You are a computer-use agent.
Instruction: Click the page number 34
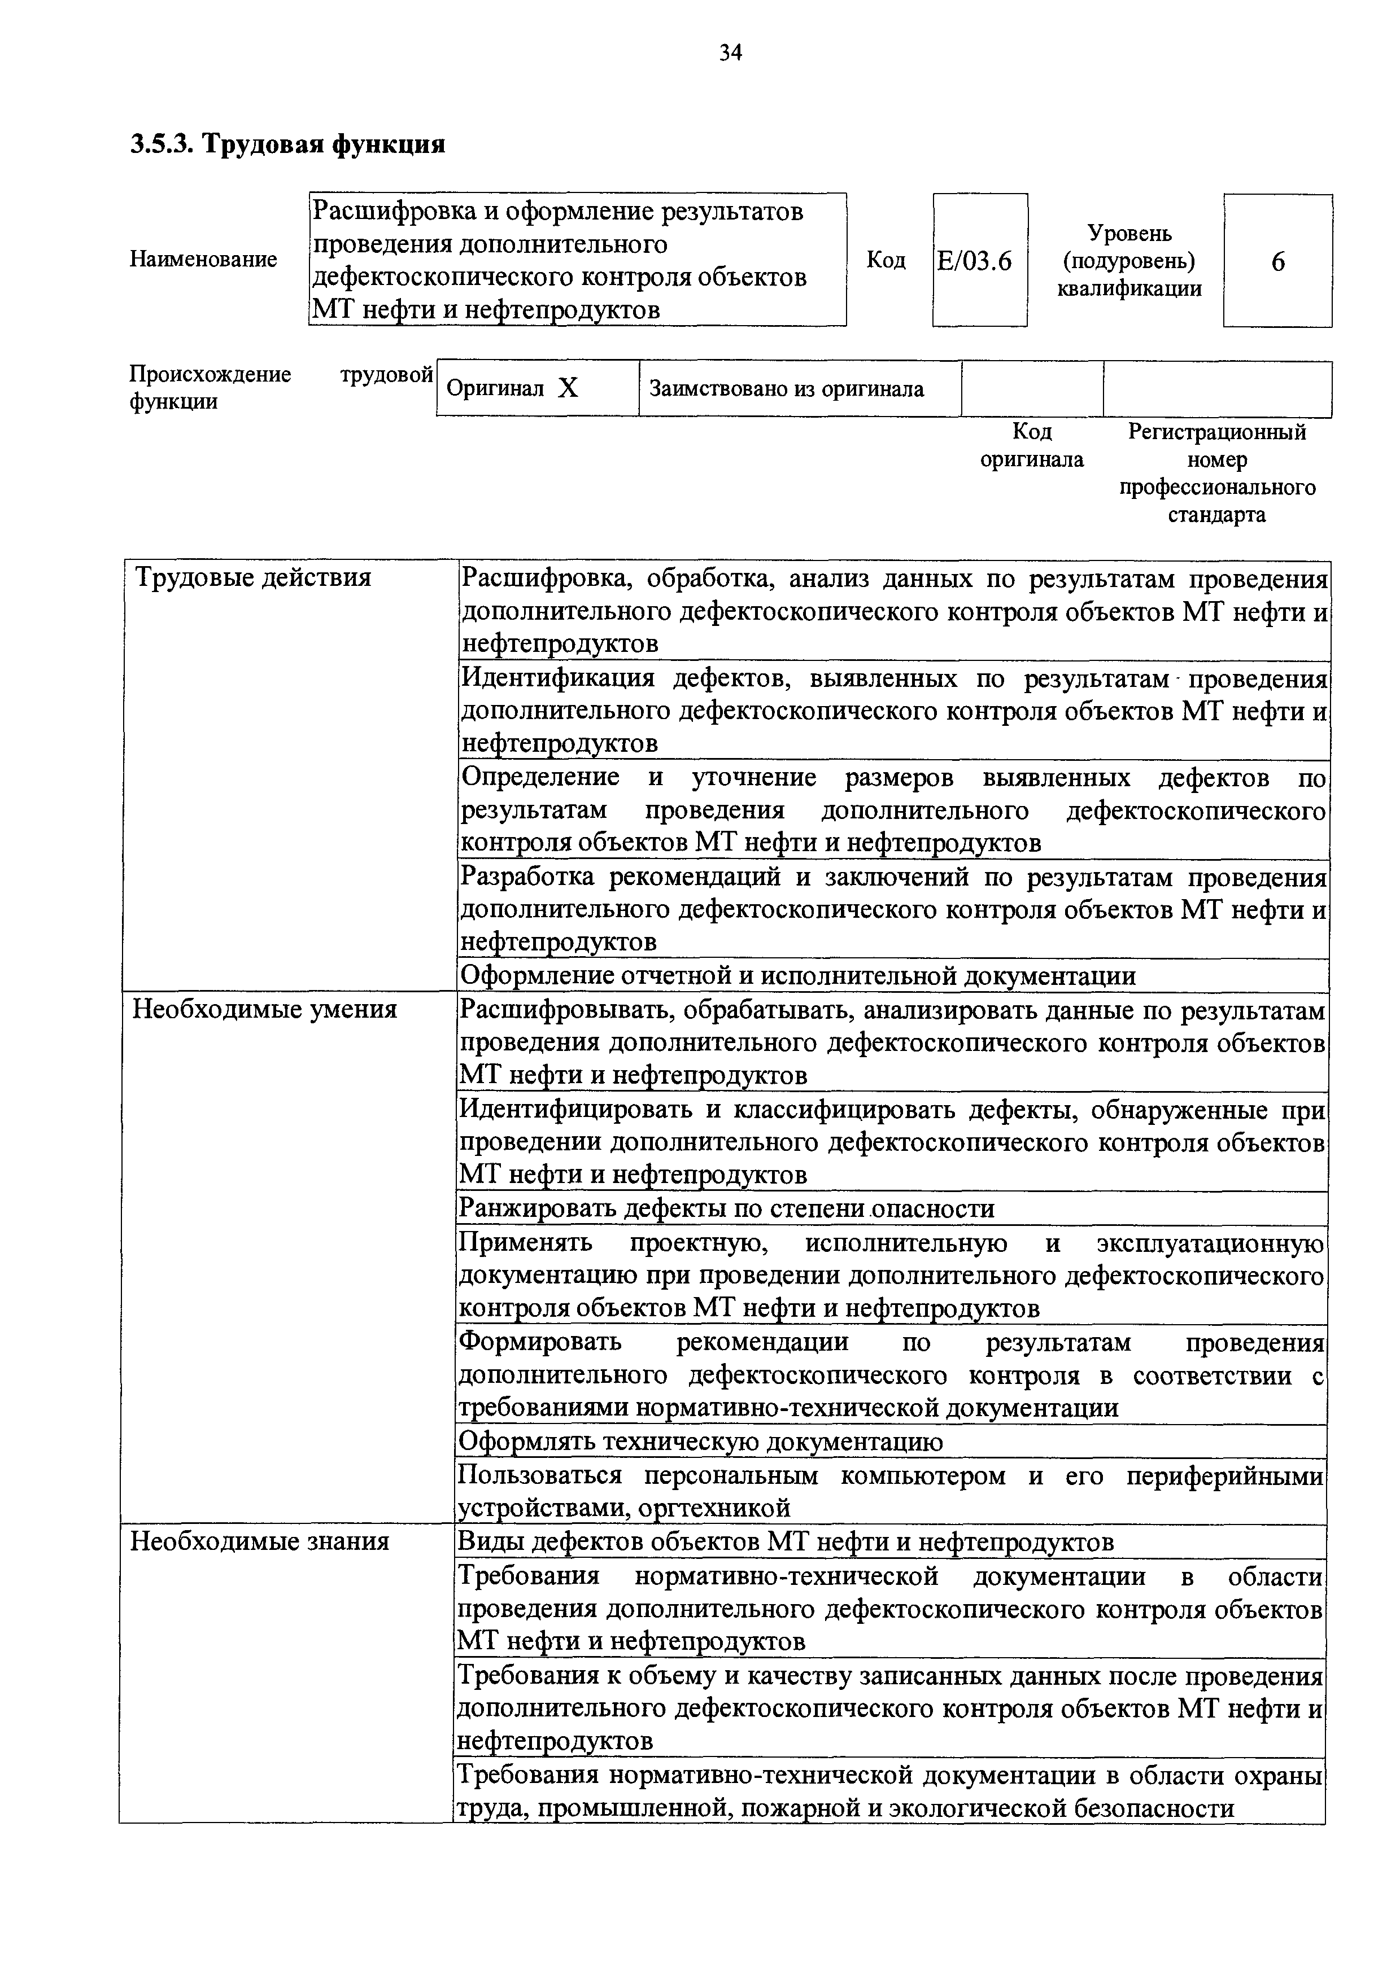tap(730, 54)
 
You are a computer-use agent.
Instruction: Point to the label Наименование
tap(203, 259)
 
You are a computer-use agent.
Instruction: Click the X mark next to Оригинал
tap(568, 389)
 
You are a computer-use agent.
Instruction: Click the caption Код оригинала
tap(1032, 445)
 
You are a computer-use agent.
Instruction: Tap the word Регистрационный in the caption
tap(1216, 431)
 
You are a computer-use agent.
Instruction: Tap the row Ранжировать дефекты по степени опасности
tap(726, 1208)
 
